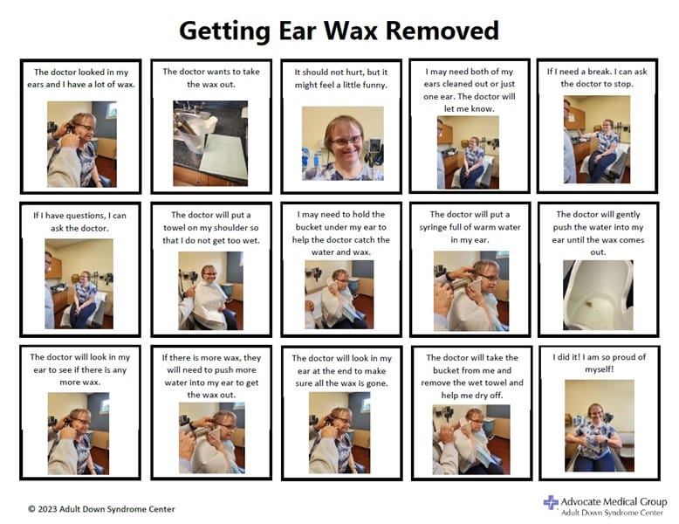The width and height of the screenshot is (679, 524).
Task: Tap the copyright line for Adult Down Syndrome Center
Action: pos(101,508)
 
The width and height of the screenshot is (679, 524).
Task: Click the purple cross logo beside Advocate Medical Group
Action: pos(551,502)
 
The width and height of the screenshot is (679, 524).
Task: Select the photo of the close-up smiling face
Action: pos(342,142)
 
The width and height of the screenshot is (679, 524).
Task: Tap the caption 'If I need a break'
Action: pos(598,77)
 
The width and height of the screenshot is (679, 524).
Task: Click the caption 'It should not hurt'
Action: pos(341,78)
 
